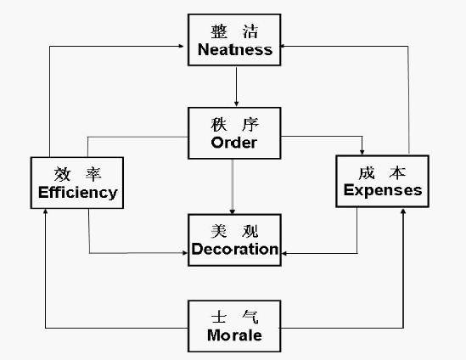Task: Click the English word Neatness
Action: (x=235, y=49)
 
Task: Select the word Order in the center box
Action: (x=233, y=143)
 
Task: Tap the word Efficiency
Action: (x=77, y=192)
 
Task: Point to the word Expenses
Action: (x=383, y=190)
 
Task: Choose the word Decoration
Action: (x=235, y=249)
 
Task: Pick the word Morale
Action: (x=234, y=335)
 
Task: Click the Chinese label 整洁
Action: (x=234, y=31)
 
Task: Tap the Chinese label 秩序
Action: (x=233, y=124)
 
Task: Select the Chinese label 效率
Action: (x=76, y=173)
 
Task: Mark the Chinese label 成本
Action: (x=383, y=171)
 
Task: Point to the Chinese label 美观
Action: (x=234, y=231)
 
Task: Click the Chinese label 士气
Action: (x=234, y=317)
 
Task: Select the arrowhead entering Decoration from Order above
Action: (x=233, y=210)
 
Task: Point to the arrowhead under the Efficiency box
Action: (x=46, y=210)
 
